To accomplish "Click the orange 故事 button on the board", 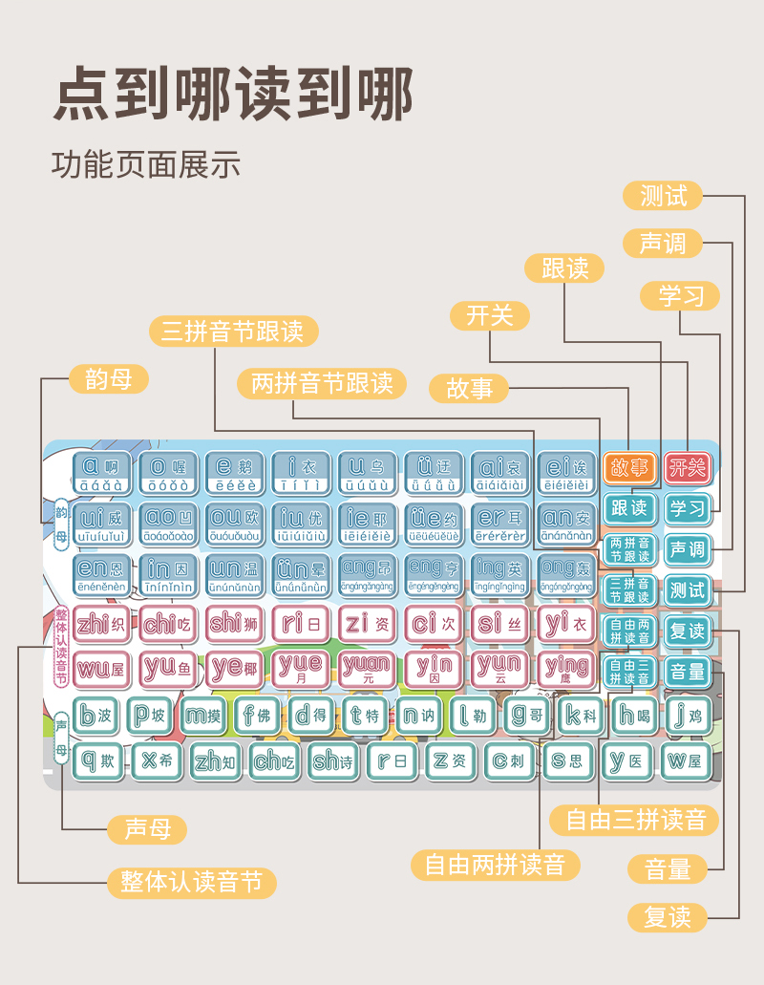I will click(x=629, y=468).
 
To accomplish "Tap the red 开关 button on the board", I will click(x=688, y=467).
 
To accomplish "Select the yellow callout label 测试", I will click(x=664, y=196).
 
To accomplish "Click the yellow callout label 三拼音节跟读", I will click(x=233, y=332).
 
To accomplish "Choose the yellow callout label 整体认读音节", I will click(x=191, y=882).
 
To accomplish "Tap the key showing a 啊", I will click(x=101, y=473).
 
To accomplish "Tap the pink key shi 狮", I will click(x=234, y=624).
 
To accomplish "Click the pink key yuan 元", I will click(x=367, y=667).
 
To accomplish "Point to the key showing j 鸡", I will click(x=687, y=714).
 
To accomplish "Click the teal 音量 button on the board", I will click(x=688, y=672).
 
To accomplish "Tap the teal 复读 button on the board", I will click(x=688, y=631).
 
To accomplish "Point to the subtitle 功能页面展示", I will click(x=145, y=165).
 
